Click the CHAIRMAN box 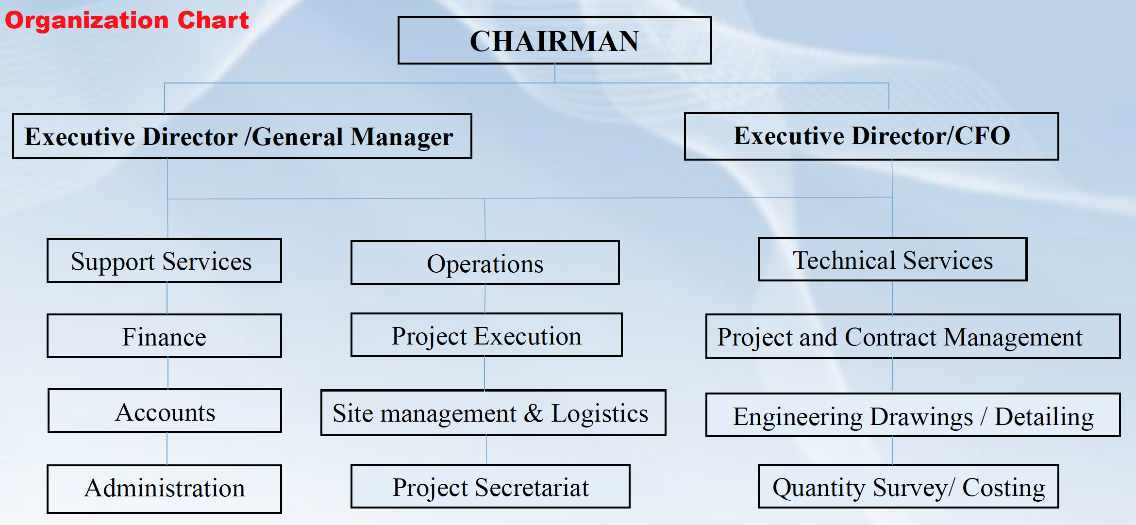tap(555, 40)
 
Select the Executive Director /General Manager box tap(242, 136)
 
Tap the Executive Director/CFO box tap(871, 136)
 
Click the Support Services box tap(164, 261)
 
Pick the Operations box tap(485, 262)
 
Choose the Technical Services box tap(893, 259)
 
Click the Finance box tap(164, 336)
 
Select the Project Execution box tap(486, 335)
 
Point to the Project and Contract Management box tap(913, 336)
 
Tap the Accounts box tap(165, 410)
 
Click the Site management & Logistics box tap(493, 413)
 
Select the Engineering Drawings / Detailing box tap(913, 415)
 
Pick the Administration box tap(164, 489)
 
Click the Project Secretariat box tap(490, 486)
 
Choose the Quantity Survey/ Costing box tap(908, 486)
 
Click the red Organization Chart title tap(127, 20)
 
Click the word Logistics tap(600, 414)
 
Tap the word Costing tap(1003, 488)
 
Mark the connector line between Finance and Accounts tap(168, 373)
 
